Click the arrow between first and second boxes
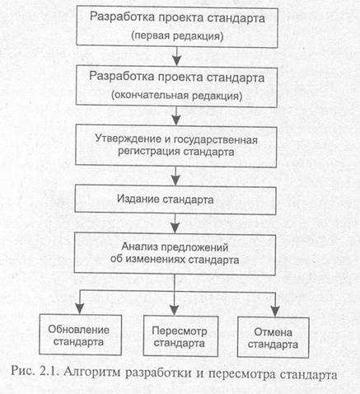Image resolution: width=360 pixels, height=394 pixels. (x=175, y=55)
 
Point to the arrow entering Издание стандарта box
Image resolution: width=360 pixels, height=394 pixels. (x=175, y=176)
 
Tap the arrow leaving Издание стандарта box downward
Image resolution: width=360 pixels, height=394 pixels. (x=175, y=223)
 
